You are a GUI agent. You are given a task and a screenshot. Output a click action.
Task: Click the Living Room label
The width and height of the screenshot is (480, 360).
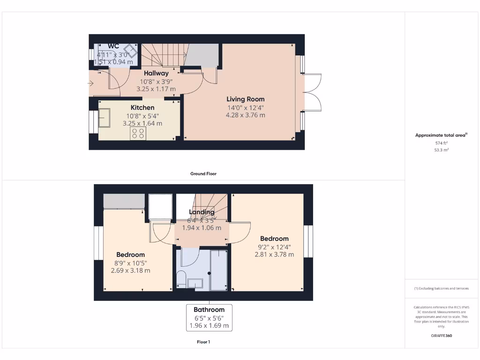point(245,99)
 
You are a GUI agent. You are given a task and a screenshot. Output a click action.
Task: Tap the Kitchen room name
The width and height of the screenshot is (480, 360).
point(142,108)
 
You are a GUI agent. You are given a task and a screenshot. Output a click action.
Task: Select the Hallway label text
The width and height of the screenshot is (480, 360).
point(156,73)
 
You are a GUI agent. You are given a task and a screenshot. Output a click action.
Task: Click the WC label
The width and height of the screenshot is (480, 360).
point(113,46)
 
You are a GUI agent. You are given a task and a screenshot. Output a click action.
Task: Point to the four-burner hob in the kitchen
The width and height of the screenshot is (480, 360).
point(138,133)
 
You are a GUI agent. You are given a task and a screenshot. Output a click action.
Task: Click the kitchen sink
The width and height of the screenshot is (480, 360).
point(104,118)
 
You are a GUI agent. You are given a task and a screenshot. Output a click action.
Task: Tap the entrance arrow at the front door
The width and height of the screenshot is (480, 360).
point(90,84)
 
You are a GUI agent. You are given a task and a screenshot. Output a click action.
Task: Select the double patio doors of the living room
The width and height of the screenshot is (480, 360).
point(312,92)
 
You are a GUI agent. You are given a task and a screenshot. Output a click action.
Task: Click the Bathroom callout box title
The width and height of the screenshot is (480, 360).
point(210,309)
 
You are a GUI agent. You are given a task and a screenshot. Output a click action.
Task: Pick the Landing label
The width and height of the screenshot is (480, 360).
point(202,212)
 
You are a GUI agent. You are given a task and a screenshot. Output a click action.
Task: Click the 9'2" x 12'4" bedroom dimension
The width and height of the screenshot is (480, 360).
point(274,247)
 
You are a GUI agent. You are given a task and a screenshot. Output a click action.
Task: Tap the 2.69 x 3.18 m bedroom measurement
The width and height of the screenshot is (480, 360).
point(131,270)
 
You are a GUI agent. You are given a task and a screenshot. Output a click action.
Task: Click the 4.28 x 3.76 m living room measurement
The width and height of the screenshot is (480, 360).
point(245,115)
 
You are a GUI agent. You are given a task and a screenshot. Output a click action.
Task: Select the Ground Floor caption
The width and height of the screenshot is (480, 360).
point(203,173)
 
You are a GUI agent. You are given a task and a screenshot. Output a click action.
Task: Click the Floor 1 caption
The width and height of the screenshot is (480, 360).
point(203,342)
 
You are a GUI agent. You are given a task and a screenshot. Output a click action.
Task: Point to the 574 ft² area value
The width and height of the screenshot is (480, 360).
point(442,143)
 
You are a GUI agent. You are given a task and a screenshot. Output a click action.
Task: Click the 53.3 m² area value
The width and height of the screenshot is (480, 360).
point(442,150)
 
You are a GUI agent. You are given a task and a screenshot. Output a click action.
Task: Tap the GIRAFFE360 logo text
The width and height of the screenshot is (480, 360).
point(442,336)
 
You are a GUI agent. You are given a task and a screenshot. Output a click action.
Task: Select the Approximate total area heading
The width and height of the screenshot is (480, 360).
point(441,135)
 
